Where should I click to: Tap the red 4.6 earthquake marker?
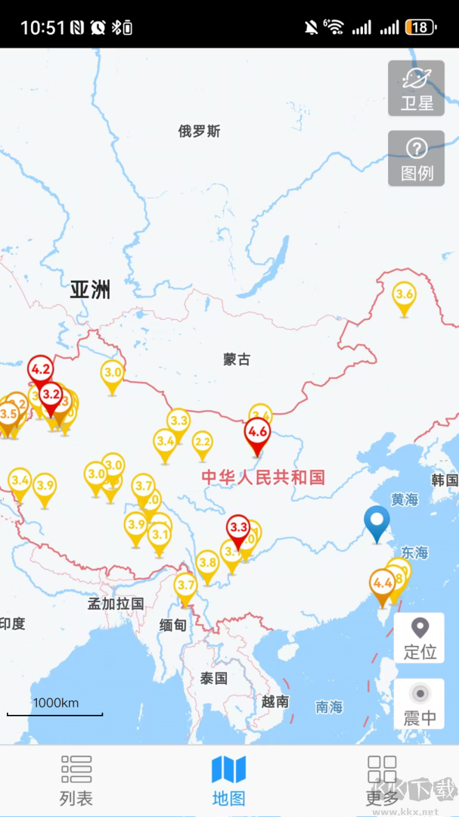tap(257, 433)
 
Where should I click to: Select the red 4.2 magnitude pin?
tap(40, 371)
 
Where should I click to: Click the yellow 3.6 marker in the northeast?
tap(405, 295)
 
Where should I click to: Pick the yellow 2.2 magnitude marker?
tap(202, 442)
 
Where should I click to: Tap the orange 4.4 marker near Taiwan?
tap(383, 583)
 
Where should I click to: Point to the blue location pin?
tap(377, 520)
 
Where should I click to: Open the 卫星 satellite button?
tap(416, 89)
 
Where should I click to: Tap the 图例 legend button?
tap(416, 158)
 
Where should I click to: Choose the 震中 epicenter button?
tap(419, 705)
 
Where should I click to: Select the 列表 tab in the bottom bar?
tap(76, 780)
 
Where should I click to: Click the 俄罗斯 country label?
tap(200, 132)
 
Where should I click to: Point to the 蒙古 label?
tap(237, 359)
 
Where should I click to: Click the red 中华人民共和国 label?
tap(263, 477)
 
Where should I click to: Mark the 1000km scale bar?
tap(55, 713)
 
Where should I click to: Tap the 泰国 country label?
tap(214, 678)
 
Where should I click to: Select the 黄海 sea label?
tap(405, 499)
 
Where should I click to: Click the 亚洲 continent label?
tap(90, 289)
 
